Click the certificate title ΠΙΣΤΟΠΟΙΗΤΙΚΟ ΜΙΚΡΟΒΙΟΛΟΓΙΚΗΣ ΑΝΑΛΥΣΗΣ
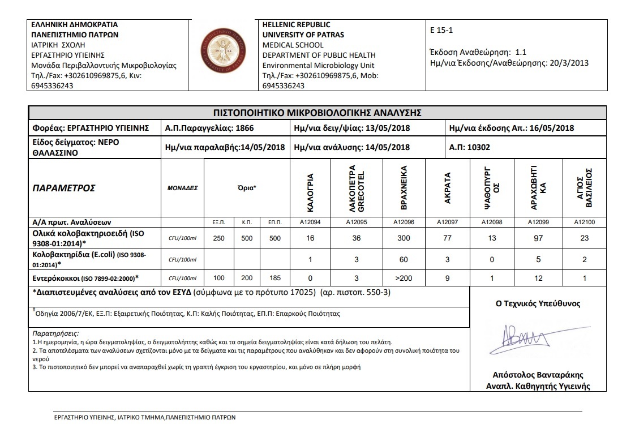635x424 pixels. [x=317, y=113]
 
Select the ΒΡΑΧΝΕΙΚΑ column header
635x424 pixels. [x=404, y=187]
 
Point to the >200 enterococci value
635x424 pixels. [x=404, y=278]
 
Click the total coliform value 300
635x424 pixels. [x=404, y=238]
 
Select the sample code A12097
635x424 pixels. [x=448, y=222]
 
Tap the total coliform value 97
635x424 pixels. [x=538, y=238]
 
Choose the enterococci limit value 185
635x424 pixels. [x=275, y=278]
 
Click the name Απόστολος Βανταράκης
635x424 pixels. [x=538, y=375]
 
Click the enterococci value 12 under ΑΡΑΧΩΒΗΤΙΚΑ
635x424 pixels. [x=538, y=278]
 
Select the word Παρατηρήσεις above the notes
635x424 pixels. [x=56, y=334]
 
